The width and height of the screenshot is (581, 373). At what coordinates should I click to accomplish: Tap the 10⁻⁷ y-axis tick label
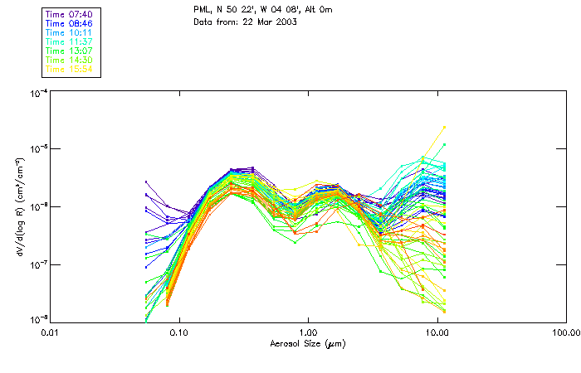point(37,264)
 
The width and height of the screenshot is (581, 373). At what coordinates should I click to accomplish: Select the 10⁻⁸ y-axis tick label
point(37,318)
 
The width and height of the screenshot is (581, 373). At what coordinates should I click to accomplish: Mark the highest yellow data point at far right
point(445,127)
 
